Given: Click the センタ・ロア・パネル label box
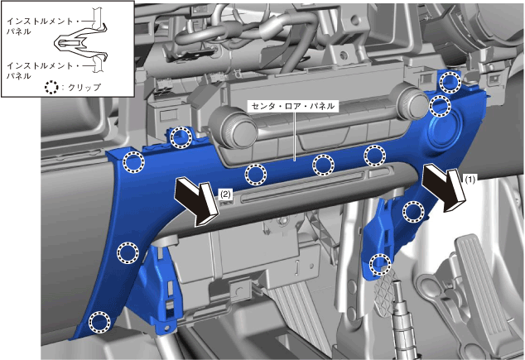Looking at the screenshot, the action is tap(293, 107).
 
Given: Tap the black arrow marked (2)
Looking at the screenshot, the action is tap(198, 201).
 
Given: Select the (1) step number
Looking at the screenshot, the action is tap(470, 180).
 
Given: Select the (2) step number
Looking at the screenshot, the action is tap(226, 194).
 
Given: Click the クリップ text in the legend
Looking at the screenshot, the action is tap(84, 88).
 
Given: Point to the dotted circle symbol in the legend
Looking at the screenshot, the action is tap(51, 88).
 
